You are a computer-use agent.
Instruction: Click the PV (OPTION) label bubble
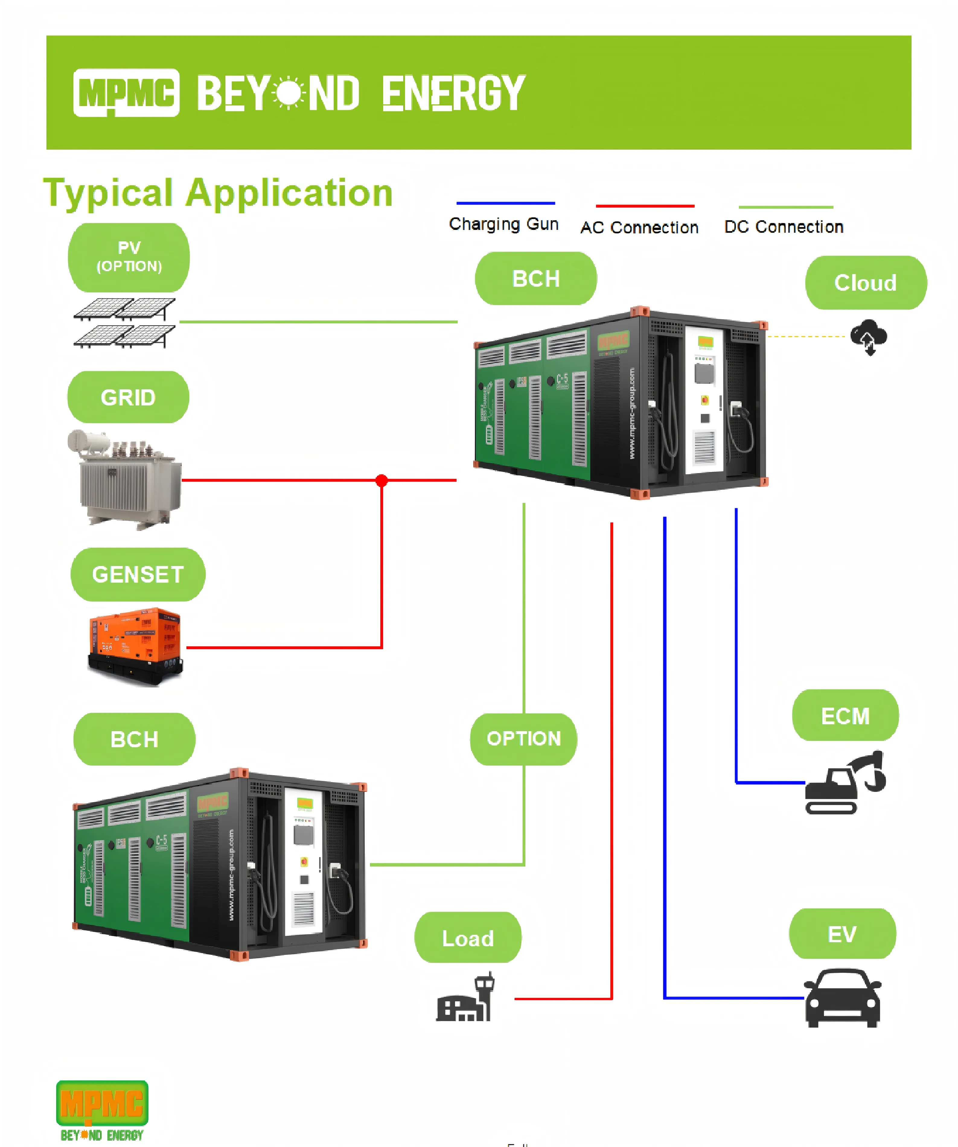[129, 257]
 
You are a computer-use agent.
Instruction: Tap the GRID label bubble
[128, 397]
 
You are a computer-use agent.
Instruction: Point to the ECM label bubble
[845, 715]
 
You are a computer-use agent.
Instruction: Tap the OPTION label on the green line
[524, 738]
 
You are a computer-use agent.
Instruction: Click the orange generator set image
[136, 646]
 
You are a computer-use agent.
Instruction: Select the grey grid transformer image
[126, 479]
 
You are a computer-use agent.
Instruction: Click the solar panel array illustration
[125, 323]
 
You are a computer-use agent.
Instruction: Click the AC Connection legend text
[639, 227]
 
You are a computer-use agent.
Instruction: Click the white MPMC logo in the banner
[126, 92]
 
